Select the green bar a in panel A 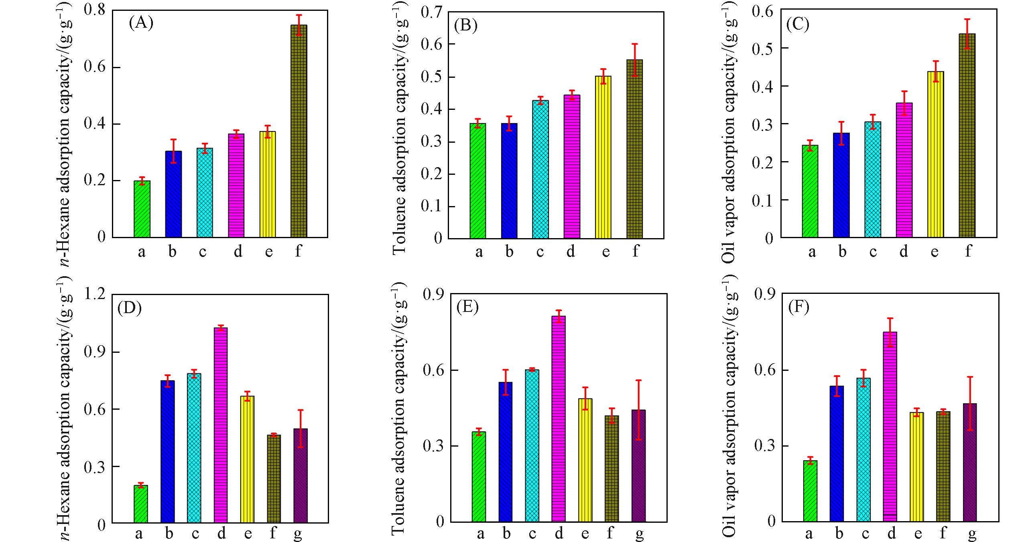click(x=142, y=209)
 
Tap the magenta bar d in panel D click(x=221, y=425)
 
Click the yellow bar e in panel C click(x=935, y=154)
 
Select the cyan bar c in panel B click(x=540, y=169)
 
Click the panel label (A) click(x=141, y=23)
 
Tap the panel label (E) click(x=467, y=307)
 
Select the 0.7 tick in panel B click(x=431, y=12)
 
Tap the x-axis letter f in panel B click(x=635, y=251)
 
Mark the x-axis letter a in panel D click(x=139, y=534)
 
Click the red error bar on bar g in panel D click(x=301, y=428)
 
